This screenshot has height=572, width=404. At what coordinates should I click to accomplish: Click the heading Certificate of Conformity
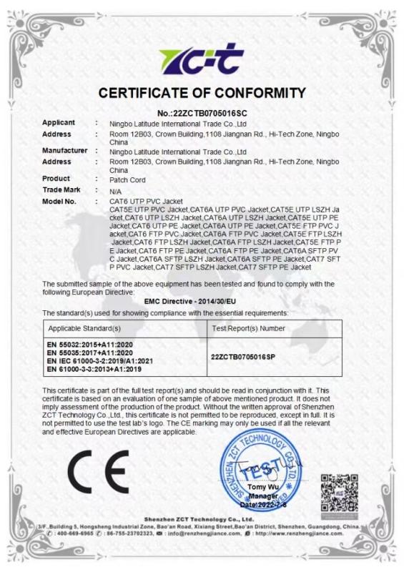[x=202, y=93]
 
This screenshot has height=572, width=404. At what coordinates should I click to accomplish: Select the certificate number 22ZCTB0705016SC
[x=202, y=112]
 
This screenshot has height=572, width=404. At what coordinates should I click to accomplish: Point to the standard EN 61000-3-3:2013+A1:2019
[x=88, y=370]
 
